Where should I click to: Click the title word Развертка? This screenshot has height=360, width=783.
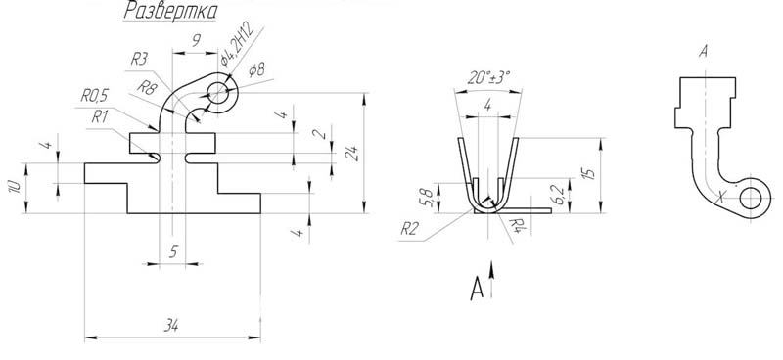coord(169,11)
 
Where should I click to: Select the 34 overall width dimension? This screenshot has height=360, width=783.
coord(171,326)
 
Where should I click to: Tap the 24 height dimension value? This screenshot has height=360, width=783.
coord(352,153)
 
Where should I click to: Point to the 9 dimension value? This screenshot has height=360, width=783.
coord(197,40)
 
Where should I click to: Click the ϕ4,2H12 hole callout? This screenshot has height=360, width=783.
coord(238,44)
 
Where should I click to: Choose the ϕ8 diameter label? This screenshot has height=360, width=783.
coord(256,70)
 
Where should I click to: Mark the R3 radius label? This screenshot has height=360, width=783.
coord(140,60)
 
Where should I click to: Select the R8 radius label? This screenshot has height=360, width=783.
coord(147,88)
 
